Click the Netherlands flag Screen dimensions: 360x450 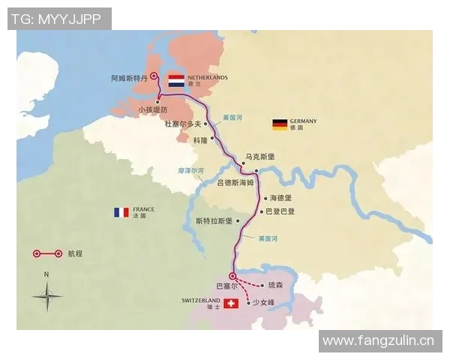[x=176, y=80]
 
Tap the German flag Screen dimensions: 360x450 [x=280, y=124]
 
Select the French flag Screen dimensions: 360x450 [x=121, y=213]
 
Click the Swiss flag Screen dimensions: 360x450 [x=231, y=304]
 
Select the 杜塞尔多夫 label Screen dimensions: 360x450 [x=183, y=124]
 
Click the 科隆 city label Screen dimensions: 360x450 [x=198, y=139]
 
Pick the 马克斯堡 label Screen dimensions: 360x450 [x=260, y=157]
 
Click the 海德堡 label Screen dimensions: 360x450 [x=281, y=198]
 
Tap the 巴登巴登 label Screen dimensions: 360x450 [x=279, y=211]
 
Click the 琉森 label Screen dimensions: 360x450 [x=275, y=285]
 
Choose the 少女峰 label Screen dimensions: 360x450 [x=265, y=302]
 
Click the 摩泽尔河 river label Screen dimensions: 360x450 [x=190, y=171]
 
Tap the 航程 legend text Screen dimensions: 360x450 [x=75, y=253]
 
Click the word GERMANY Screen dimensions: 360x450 [x=304, y=121]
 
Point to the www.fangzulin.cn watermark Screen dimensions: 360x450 [x=378, y=340]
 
